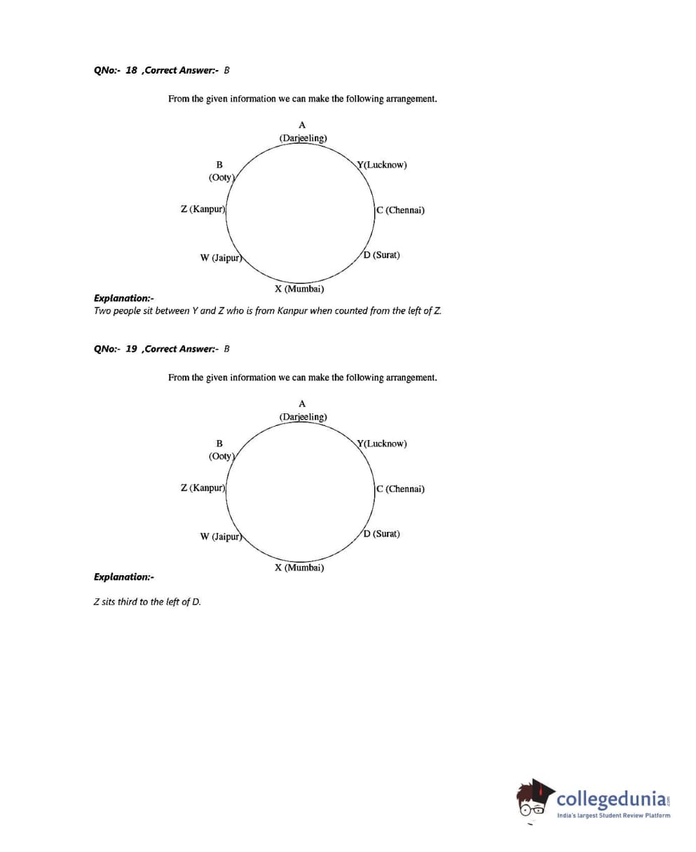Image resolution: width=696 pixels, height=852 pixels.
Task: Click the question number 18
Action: point(131,70)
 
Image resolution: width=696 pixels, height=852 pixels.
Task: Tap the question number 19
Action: point(131,349)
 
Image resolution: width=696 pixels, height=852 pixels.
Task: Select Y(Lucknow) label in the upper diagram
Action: point(382,165)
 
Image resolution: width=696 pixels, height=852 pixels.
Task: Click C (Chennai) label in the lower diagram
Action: point(400,489)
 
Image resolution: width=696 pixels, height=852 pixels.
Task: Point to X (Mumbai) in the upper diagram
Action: point(299,289)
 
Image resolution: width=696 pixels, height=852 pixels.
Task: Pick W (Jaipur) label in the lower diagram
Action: point(221,537)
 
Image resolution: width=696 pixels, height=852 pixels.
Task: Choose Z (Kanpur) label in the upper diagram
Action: point(203,209)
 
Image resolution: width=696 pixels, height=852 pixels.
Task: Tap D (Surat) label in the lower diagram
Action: point(382,534)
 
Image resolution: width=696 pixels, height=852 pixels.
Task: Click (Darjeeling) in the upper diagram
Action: point(303,138)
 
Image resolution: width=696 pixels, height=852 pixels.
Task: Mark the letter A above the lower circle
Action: point(302,404)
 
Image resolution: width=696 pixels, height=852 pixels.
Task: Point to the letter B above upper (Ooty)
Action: point(219,165)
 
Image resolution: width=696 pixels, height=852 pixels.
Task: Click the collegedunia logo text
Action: point(610,799)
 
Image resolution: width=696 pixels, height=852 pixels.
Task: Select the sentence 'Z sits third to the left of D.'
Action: point(147,602)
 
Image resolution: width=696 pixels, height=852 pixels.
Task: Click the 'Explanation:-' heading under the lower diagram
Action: point(124,577)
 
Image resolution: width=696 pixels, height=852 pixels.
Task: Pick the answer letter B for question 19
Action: point(227,349)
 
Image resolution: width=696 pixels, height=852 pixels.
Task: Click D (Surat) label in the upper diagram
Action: point(382,255)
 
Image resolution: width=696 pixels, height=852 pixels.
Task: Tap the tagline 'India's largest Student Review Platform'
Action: point(613,815)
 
